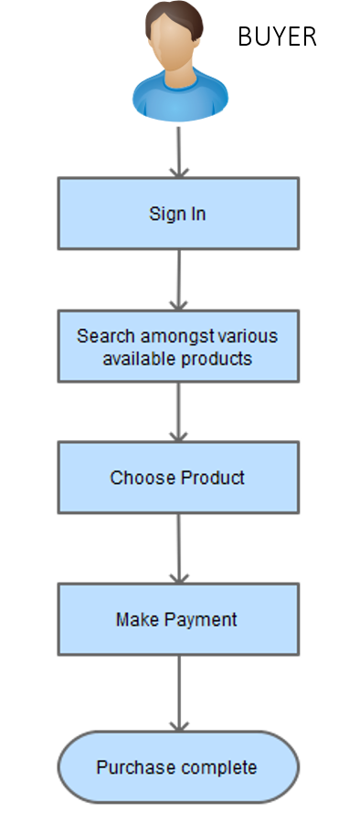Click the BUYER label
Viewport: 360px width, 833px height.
(x=277, y=37)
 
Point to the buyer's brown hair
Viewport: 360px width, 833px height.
(x=175, y=18)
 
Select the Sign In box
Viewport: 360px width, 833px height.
(x=178, y=214)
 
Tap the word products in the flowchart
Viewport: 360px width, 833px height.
(x=217, y=359)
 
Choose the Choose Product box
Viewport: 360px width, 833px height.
(x=178, y=478)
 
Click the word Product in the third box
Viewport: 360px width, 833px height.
(x=212, y=478)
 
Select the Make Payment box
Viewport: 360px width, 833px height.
(x=178, y=619)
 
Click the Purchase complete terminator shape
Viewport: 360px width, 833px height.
(x=178, y=767)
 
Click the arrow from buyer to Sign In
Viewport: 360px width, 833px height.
(x=179, y=152)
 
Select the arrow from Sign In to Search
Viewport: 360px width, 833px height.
(x=179, y=280)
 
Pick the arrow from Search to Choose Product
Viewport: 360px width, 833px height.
(x=179, y=412)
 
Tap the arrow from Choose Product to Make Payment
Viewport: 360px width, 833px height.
(x=179, y=549)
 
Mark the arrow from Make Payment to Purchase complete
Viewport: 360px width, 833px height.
(x=179, y=693)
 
